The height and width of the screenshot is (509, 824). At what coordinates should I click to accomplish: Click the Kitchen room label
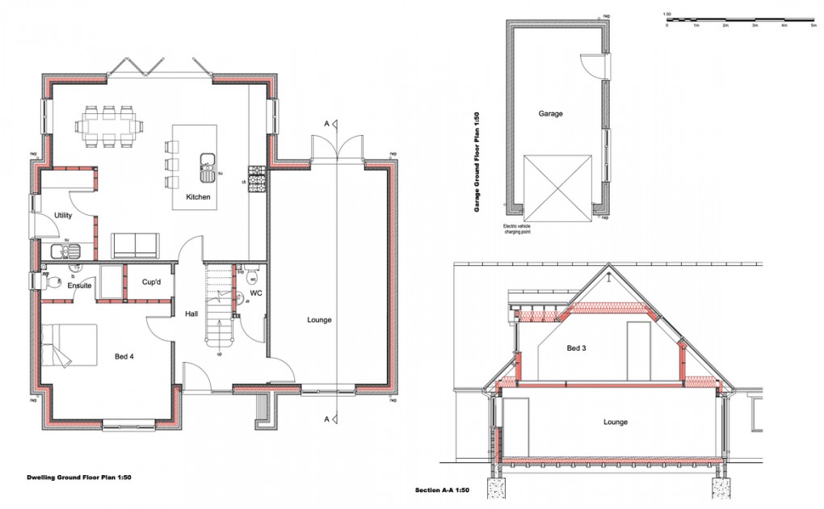198,197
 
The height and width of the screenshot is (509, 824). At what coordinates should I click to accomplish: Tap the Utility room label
63,215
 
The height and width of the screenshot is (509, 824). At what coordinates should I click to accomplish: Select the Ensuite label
79,284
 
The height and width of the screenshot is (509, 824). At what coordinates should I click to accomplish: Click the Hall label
191,313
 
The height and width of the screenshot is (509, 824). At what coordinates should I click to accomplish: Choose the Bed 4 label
126,355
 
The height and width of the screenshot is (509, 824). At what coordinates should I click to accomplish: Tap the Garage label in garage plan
550,114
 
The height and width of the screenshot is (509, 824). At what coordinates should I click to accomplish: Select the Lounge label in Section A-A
615,422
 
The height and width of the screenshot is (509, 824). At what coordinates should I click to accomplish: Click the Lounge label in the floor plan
319,320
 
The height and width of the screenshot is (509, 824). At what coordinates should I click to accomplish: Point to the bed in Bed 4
69,346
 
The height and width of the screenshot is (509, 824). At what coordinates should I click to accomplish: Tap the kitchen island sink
207,166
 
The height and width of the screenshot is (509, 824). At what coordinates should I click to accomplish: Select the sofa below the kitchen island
134,244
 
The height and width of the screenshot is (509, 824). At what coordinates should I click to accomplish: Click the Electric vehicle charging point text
521,229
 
